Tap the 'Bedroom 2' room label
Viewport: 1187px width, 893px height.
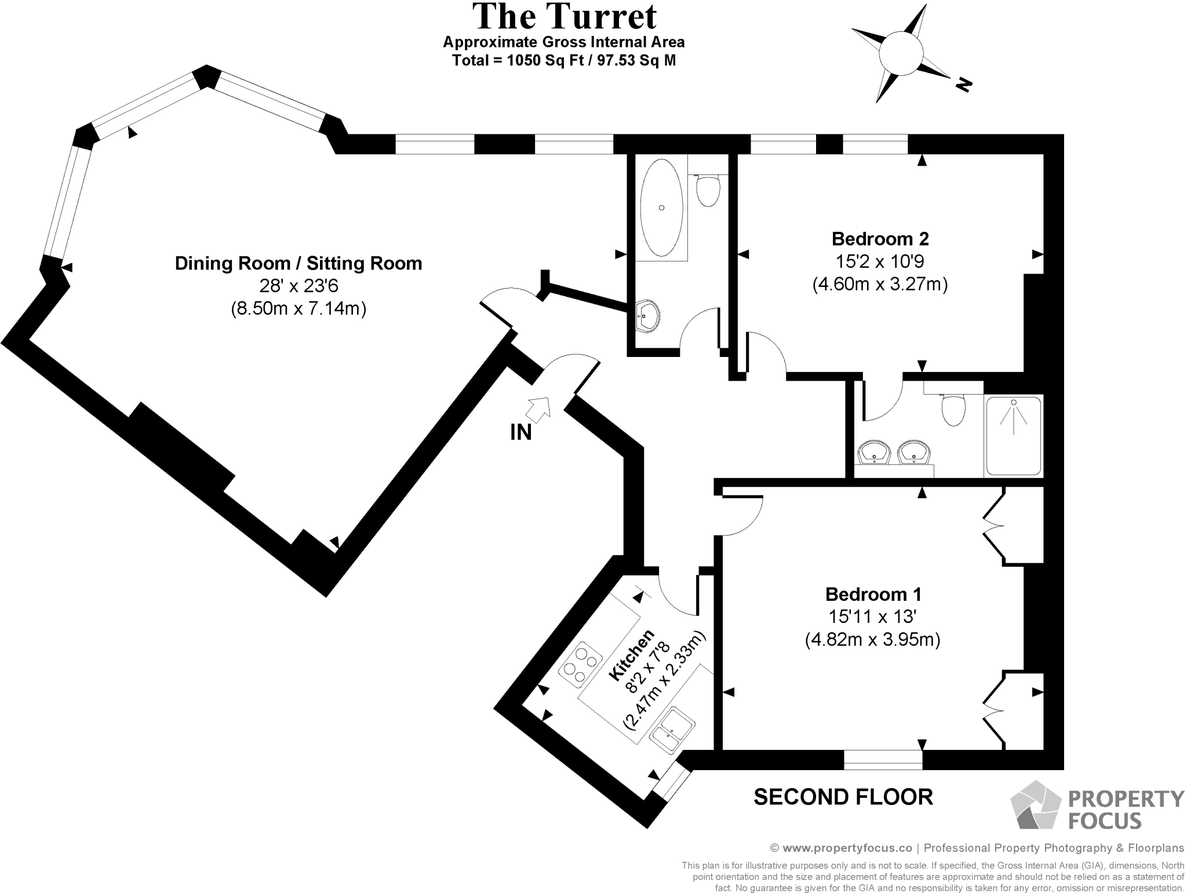click(880, 238)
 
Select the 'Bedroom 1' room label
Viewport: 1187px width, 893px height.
click(873, 594)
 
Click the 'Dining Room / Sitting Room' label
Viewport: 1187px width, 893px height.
click(298, 264)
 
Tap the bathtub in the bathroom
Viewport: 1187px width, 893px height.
click(661, 207)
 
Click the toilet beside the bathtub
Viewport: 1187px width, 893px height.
click(708, 190)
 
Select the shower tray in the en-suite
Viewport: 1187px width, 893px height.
click(1013, 436)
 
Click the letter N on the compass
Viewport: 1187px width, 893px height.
click(963, 85)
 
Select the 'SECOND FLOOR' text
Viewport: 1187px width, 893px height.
click(843, 797)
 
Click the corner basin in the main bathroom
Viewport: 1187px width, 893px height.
click(647, 315)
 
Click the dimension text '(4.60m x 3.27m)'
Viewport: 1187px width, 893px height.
click(880, 285)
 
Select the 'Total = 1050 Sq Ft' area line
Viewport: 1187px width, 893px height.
click(563, 60)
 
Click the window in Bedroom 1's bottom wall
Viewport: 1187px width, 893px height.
click(883, 759)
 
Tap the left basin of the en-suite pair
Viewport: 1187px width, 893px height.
click(873, 453)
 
